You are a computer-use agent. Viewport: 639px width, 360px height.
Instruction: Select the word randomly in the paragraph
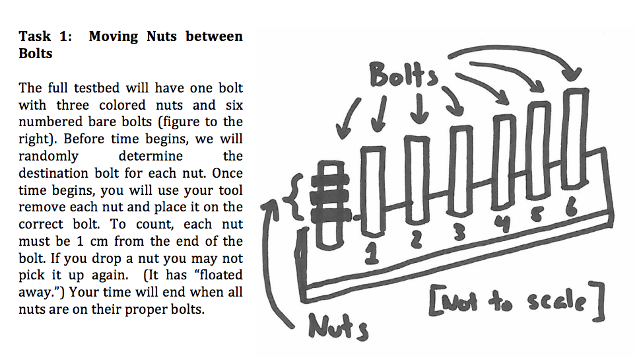pyautogui.click(x=48, y=156)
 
